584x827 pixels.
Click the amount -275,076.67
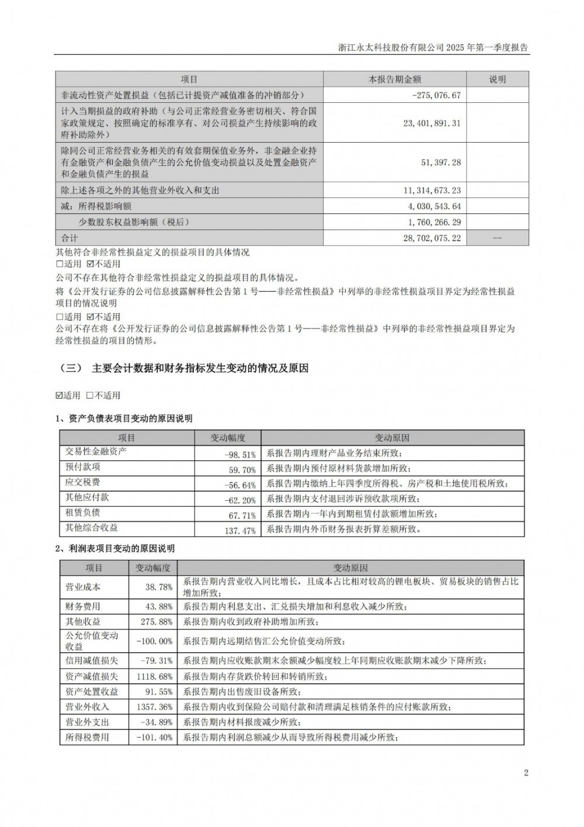pos(436,95)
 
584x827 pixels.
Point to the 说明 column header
pos(498,79)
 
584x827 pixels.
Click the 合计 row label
pos(69,238)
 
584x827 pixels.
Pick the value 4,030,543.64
pos(433,206)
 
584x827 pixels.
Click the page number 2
pos(526,773)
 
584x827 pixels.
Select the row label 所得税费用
pos(87,738)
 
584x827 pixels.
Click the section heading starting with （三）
pos(184,369)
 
